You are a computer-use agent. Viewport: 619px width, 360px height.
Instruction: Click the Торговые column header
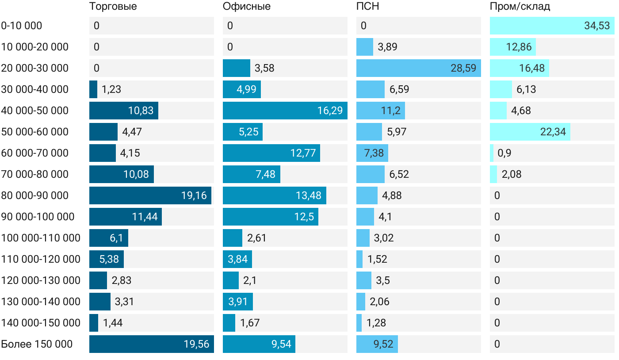tap(113, 7)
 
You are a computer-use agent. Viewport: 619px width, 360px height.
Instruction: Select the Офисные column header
tap(246, 7)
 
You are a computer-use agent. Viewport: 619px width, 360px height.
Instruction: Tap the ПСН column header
tap(367, 7)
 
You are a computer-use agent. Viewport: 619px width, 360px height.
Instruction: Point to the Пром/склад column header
tap(520, 7)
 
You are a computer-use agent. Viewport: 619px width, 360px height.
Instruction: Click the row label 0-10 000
tap(22, 26)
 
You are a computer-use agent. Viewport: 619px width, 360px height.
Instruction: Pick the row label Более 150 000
tap(37, 344)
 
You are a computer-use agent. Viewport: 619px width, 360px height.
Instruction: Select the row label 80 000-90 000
tap(35, 195)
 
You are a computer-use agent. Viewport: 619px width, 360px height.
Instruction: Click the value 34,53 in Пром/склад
tap(597, 26)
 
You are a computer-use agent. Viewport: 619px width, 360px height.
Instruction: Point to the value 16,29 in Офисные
tap(330, 111)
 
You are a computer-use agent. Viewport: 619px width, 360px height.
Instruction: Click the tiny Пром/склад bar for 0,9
tap(492, 153)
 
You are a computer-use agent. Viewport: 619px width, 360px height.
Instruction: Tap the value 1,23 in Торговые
tap(111, 89)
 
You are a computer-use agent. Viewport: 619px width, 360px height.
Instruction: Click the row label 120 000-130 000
tap(41, 280)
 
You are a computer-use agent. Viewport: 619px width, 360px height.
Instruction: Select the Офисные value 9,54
tap(282, 344)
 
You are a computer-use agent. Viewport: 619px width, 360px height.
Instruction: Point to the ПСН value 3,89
tap(387, 47)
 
